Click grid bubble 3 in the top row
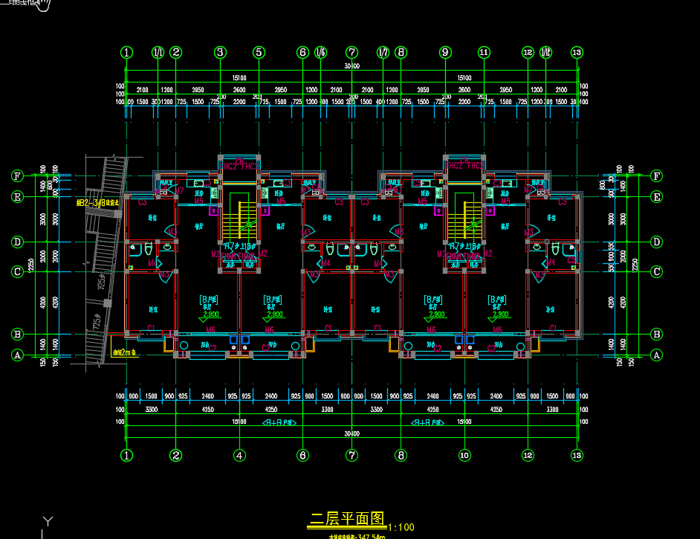220,53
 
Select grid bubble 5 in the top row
259,53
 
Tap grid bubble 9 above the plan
445,53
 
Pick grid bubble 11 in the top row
484,53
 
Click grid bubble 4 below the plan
239,455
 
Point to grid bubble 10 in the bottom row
464,455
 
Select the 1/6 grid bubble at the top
320,53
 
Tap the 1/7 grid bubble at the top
383,53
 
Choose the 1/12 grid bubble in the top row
546,53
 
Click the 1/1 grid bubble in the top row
158,53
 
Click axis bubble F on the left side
17,176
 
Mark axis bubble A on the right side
656,355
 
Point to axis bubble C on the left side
17,272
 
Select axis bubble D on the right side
656,242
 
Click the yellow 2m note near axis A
124,352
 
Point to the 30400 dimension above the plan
351,66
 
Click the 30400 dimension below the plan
351,433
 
